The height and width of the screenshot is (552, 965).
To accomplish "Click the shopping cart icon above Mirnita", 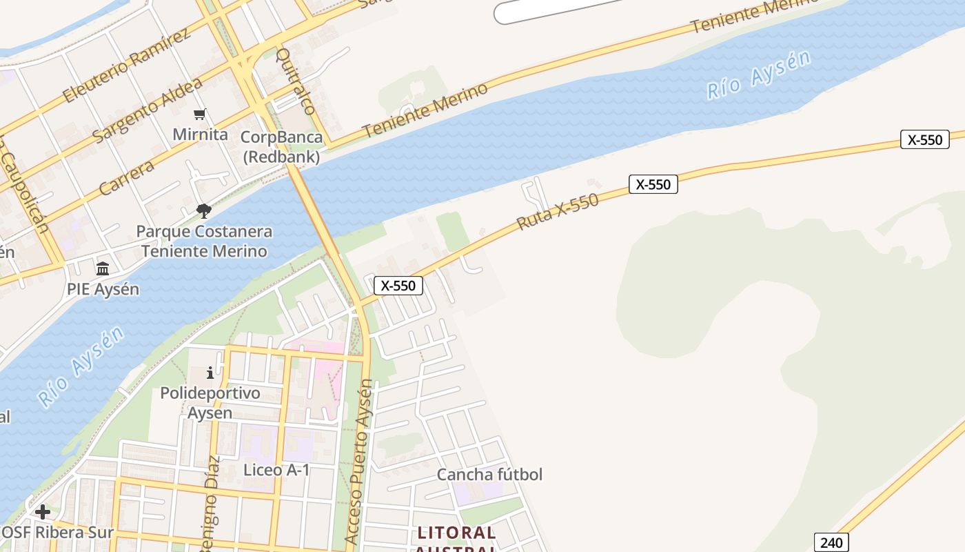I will pyautogui.click(x=200, y=114).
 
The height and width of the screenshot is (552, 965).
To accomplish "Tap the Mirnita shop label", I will pyautogui.click(x=200, y=134).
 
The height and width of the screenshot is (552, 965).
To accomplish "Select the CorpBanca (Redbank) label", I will pyautogui.click(x=281, y=147).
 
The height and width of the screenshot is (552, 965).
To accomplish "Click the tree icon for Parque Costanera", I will pyautogui.click(x=203, y=210).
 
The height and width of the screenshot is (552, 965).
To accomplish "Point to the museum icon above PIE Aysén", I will pyautogui.click(x=103, y=268).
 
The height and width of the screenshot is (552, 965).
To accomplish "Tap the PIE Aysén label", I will pyautogui.click(x=103, y=289).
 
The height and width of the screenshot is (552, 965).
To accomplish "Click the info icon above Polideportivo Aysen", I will pyautogui.click(x=210, y=373).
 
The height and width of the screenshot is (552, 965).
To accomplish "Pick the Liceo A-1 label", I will pyautogui.click(x=276, y=470).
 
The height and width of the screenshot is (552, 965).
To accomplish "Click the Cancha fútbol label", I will pyautogui.click(x=489, y=475).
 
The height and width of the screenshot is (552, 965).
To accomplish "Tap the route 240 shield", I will pyautogui.click(x=831, y=542).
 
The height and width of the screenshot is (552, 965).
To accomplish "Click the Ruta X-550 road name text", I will pyautogui.click(x=558, y=211).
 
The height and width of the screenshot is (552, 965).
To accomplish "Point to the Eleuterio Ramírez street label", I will pyautogui.click(x=125, y=66).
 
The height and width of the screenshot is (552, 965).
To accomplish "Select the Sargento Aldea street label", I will pyautogui.click(x=148, y=110).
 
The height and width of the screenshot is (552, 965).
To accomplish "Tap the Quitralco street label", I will pyautogui.click(x=296, y=81).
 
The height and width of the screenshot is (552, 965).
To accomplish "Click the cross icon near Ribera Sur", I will pyautogui.click(x=43, y=512).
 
